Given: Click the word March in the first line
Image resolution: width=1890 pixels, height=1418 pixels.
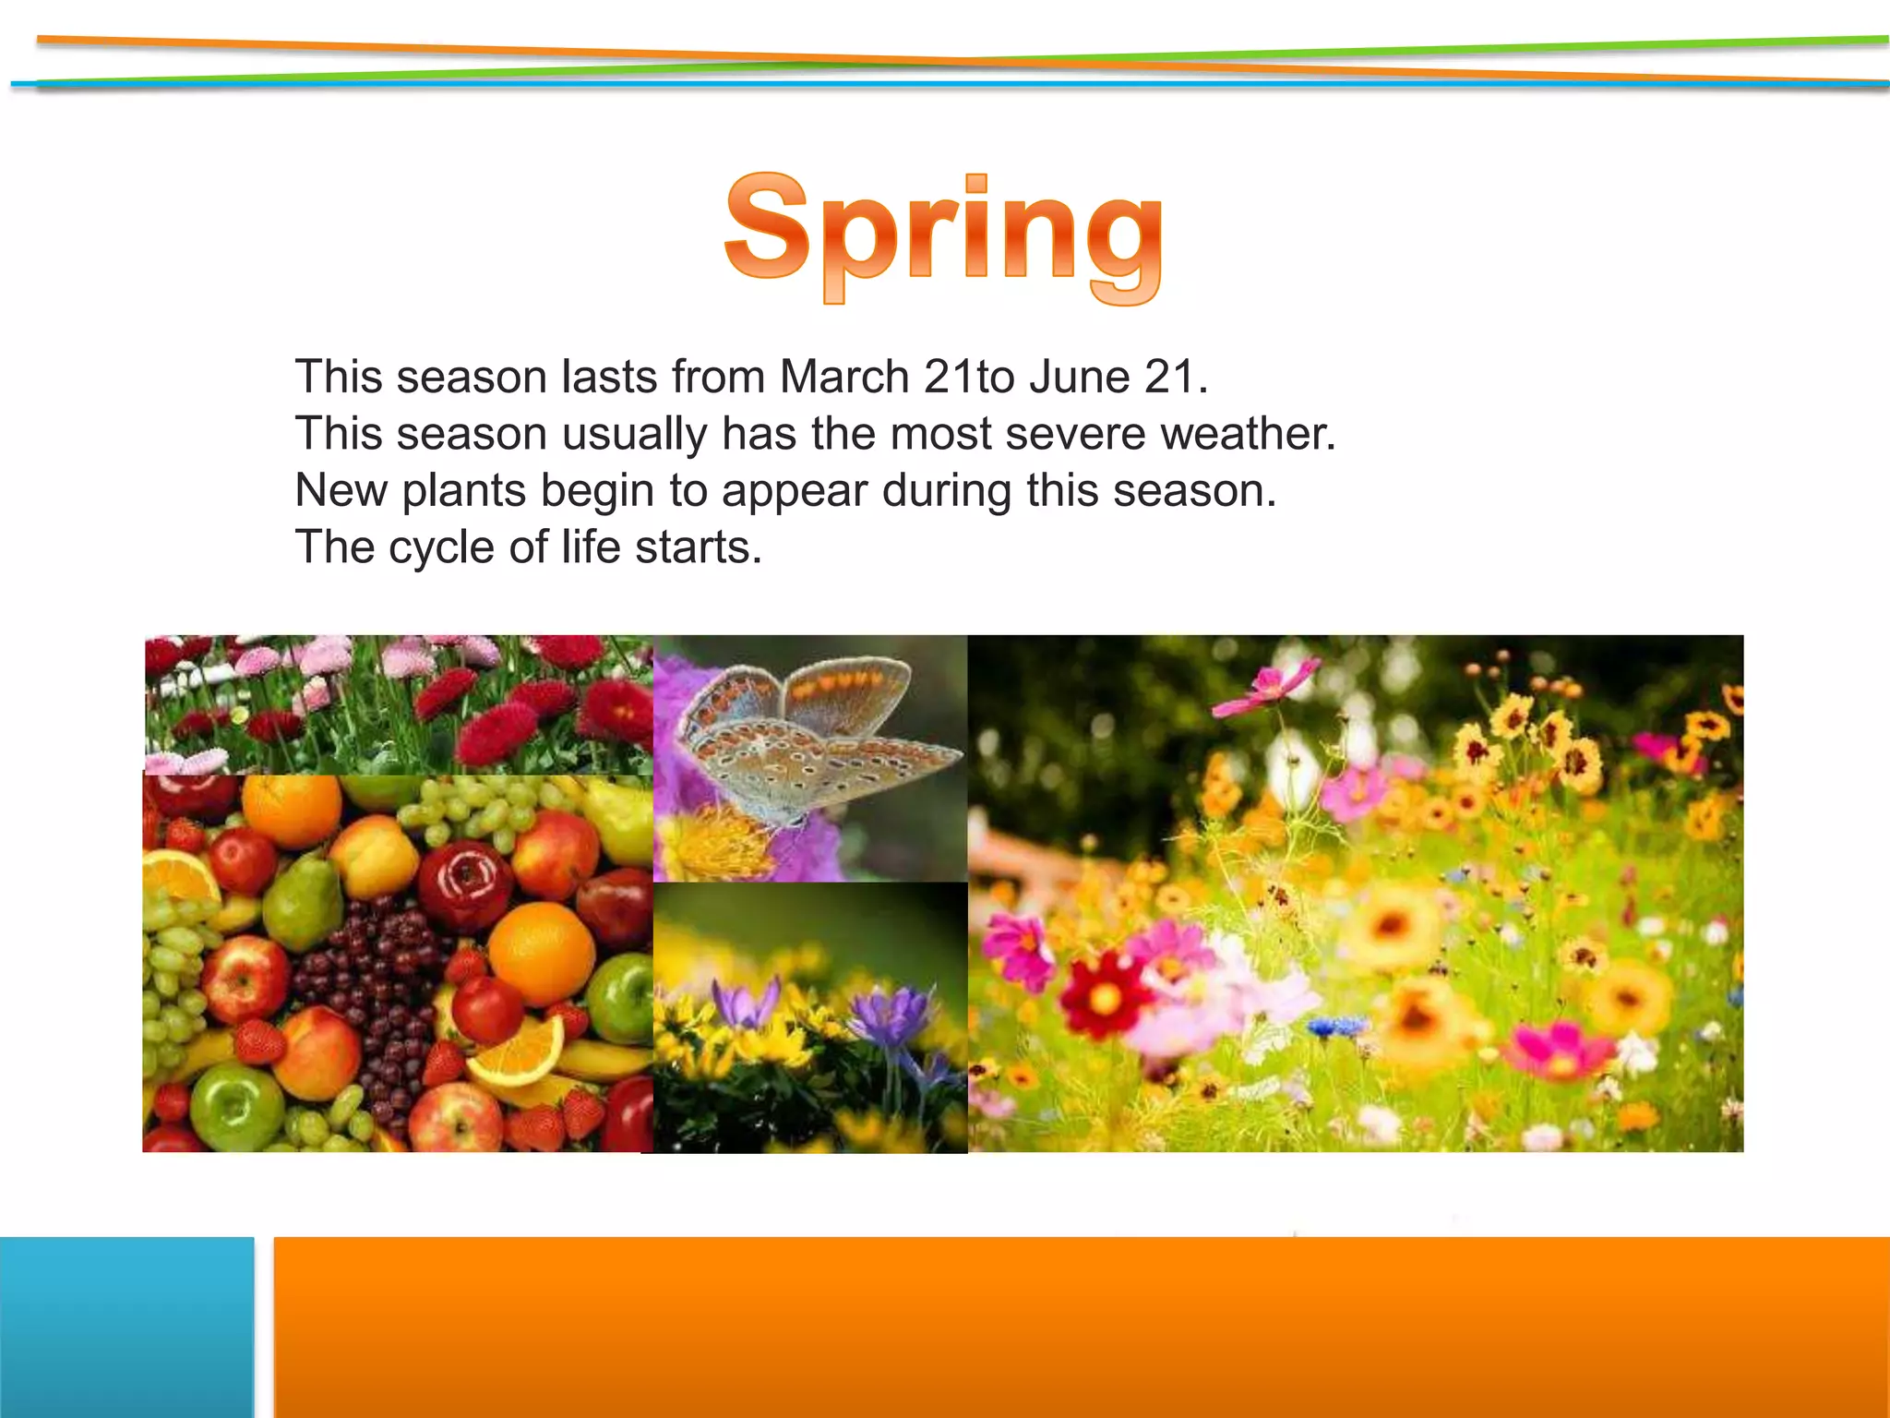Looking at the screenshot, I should coord(844,377).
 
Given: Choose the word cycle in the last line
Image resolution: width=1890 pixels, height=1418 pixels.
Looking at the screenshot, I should coord(441,547).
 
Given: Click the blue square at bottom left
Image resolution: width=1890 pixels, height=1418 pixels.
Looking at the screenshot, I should coord(126,1327).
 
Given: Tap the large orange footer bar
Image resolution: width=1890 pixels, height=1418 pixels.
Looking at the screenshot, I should coord(1080,1327).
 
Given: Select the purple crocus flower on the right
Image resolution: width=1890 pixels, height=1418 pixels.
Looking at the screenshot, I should coord(891,1015).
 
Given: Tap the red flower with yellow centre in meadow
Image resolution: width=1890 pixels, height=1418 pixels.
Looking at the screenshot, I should coord(1104,995).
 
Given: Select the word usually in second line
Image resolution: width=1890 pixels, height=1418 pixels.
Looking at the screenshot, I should coord(634,434).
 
